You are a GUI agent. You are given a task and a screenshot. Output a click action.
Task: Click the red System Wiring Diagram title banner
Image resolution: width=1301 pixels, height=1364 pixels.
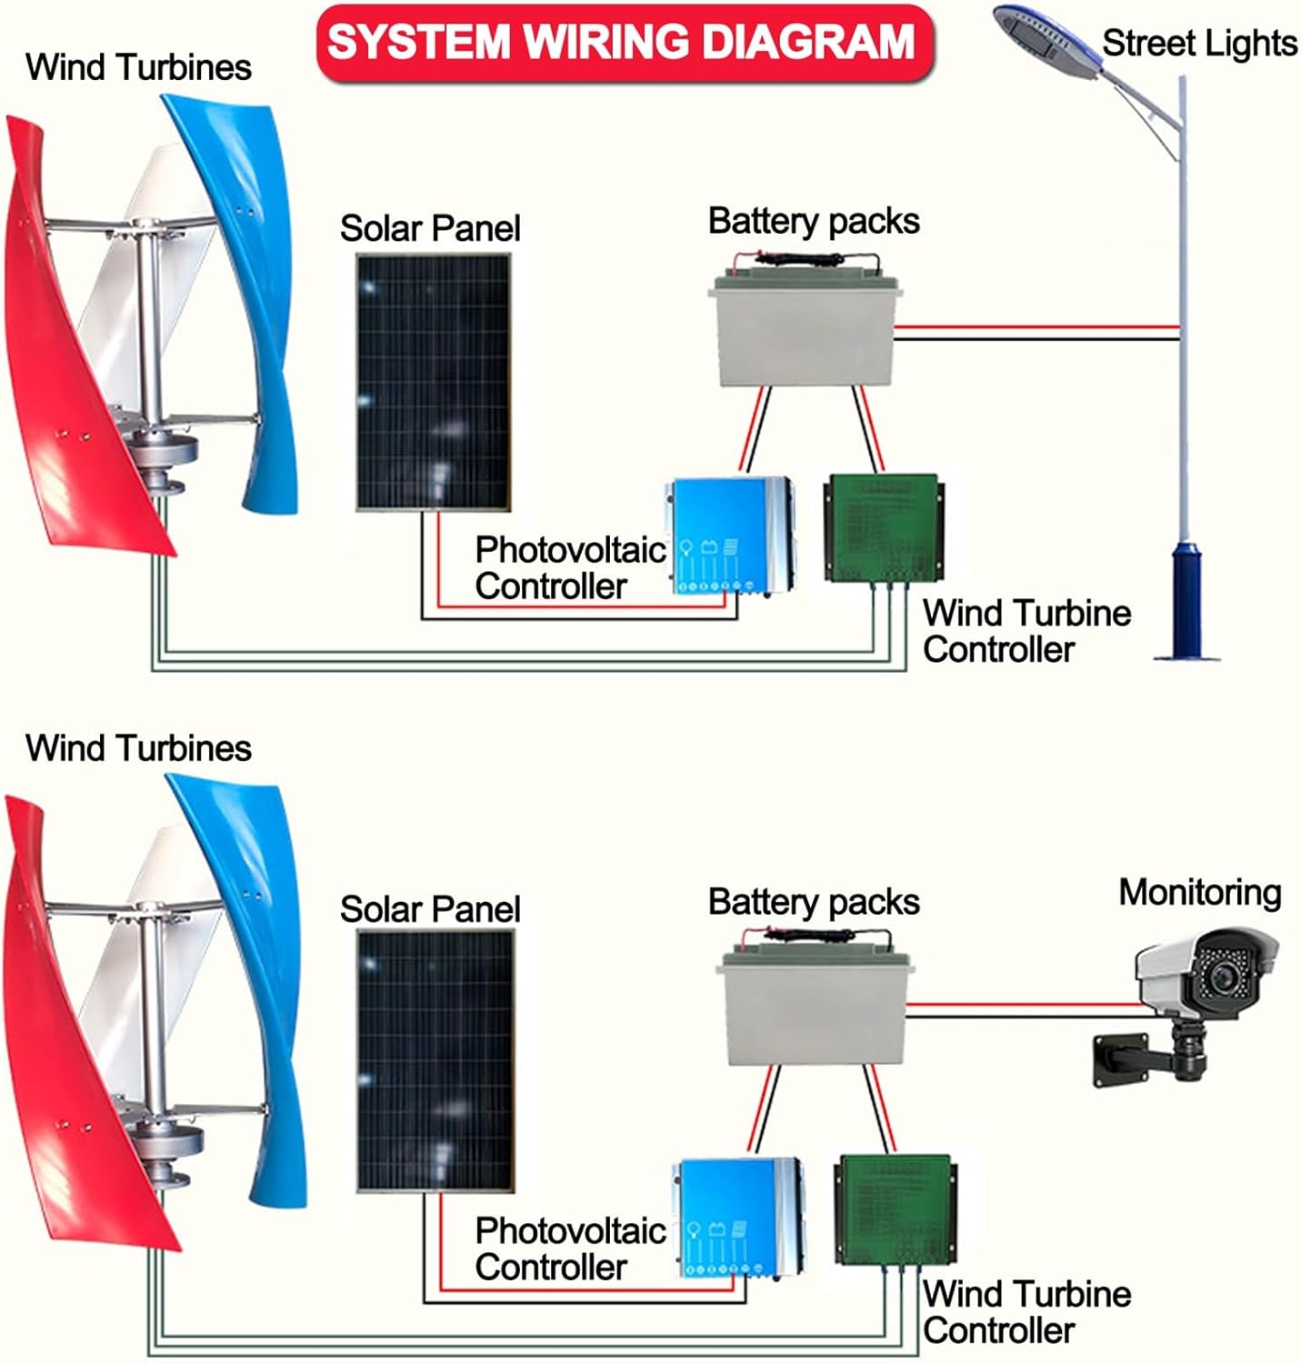[624, 43]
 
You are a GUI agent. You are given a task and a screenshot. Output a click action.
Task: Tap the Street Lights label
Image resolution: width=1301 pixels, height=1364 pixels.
[1198, 44]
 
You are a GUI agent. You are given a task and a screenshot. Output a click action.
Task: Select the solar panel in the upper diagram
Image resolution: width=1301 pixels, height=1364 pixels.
[433, 382]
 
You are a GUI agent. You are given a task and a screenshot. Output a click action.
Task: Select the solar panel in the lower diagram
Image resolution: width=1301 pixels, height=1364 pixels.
[435, 1060]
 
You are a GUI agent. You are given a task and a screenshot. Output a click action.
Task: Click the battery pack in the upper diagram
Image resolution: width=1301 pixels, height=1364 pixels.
[805, 332]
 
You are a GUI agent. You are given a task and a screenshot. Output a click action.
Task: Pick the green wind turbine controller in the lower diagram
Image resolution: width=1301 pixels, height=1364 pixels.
[894, 1209]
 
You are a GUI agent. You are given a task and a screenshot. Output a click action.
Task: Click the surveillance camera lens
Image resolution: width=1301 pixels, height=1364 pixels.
[1221, 978]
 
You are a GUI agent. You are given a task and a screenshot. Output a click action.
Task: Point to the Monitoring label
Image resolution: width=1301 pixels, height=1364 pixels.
[1199, 893]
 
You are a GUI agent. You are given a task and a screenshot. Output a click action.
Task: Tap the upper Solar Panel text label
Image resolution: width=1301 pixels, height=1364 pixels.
[430, 228]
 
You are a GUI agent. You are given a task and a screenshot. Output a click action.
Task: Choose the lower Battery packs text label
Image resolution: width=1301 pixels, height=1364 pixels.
[814, 902]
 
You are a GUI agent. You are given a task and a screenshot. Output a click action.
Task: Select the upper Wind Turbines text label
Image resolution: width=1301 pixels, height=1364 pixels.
[138, 67]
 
